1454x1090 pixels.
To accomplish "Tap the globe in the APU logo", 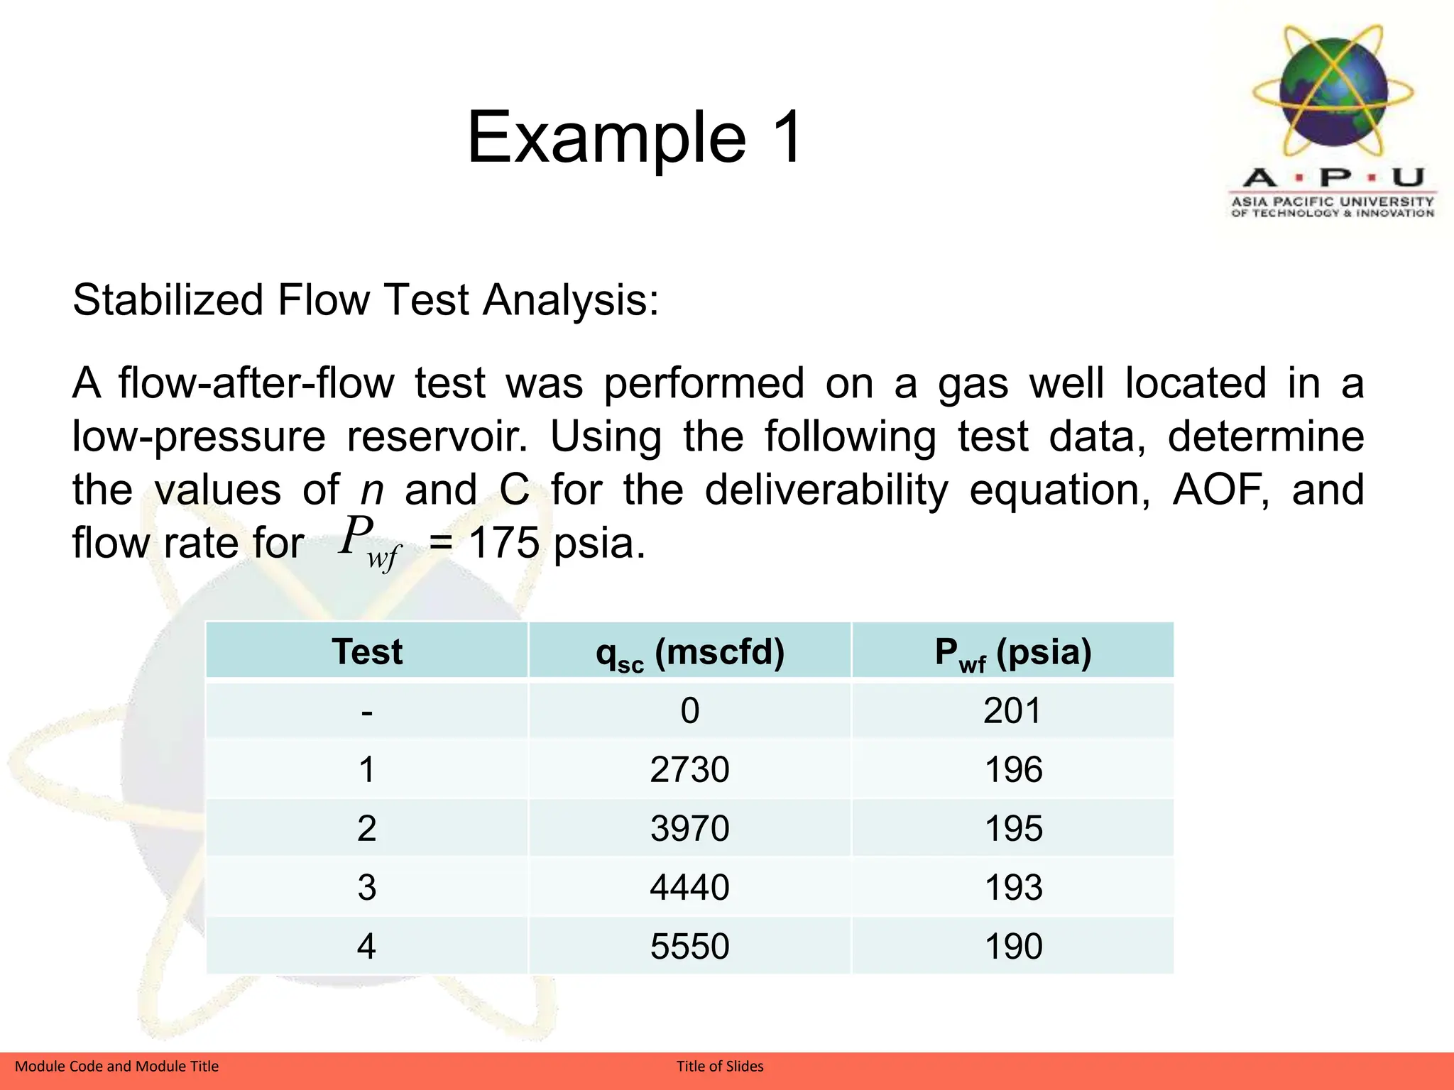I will point(1333,91).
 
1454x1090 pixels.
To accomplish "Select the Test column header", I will point(366,651).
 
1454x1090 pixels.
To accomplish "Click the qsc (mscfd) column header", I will point(690,651).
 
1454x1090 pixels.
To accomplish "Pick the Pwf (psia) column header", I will point(1013,651).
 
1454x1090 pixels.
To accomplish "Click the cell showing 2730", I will point(690,769).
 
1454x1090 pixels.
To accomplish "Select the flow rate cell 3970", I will point(690,828).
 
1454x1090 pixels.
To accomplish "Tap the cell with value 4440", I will point(690,887).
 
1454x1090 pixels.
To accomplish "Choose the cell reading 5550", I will point(690,946).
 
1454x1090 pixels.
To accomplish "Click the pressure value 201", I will point(1013,710).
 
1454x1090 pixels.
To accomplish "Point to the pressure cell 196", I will point(1013,769).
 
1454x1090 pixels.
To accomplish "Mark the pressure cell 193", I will point(1013,887).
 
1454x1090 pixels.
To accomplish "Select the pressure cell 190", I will point(1013,946).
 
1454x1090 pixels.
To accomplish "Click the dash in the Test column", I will point(366,711).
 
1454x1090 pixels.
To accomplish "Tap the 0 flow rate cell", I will point(690,710).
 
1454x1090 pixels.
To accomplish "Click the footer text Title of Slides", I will point(720,1066).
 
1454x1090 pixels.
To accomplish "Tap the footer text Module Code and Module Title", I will point(116,1066).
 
